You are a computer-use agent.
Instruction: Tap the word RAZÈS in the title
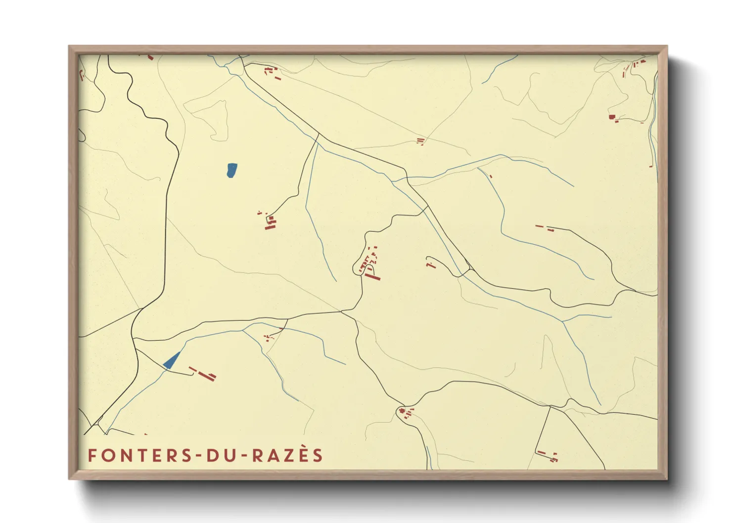287,455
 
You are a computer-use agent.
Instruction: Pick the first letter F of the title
91,455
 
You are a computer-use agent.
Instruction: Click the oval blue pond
231,170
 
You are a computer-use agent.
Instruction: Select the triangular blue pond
171,361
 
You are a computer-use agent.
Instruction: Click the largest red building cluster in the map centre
370,264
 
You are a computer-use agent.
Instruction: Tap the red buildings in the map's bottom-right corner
548,455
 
